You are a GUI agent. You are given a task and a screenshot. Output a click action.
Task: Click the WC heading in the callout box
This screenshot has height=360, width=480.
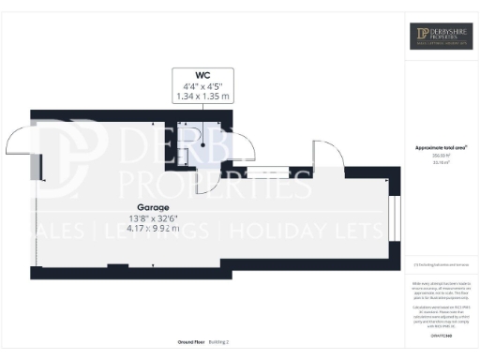point(202,74)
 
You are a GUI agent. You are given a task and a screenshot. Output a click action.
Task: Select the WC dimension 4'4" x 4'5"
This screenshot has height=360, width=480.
point(202,85)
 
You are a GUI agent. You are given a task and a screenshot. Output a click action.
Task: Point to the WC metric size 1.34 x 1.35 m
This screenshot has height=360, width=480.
point(202,96)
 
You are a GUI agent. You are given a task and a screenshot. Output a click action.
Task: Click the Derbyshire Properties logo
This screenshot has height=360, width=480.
point(442,38)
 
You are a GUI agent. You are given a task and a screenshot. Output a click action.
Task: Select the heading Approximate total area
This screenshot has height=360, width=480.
point(442,148)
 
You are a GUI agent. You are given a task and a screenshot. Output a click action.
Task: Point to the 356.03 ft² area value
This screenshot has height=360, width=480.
point(442,157)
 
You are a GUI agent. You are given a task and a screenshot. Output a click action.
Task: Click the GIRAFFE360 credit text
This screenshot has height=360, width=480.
point(442,334)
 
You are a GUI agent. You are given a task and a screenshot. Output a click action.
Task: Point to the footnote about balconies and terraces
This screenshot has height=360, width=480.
point(442,267)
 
